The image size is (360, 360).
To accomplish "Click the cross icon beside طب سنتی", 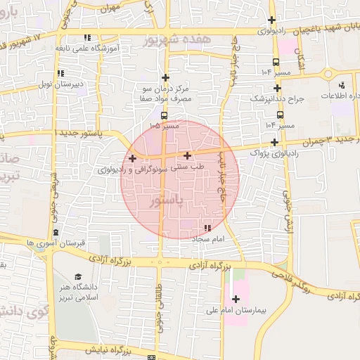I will click(x=187, y=155).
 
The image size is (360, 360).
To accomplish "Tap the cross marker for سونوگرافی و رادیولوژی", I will click(x=132, y=158).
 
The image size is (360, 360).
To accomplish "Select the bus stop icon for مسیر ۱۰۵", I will click(x=164, y=116).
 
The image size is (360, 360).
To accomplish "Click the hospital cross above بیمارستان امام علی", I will click(x=236, y=299).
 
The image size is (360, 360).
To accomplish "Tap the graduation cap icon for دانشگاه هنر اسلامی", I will click(x=78, y=276).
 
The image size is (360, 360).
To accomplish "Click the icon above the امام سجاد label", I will click(x=207, y=229).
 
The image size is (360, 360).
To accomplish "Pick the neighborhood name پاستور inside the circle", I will click(x=167, y=202).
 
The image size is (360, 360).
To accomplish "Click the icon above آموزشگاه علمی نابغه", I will click(x=87, y=37).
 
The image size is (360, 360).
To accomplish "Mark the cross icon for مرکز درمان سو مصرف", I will click(x=166, y=77).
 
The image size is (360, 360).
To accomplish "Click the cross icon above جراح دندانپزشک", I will click(x=277, y=89).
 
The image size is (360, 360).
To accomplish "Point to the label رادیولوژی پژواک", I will click(x=277, y=152).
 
